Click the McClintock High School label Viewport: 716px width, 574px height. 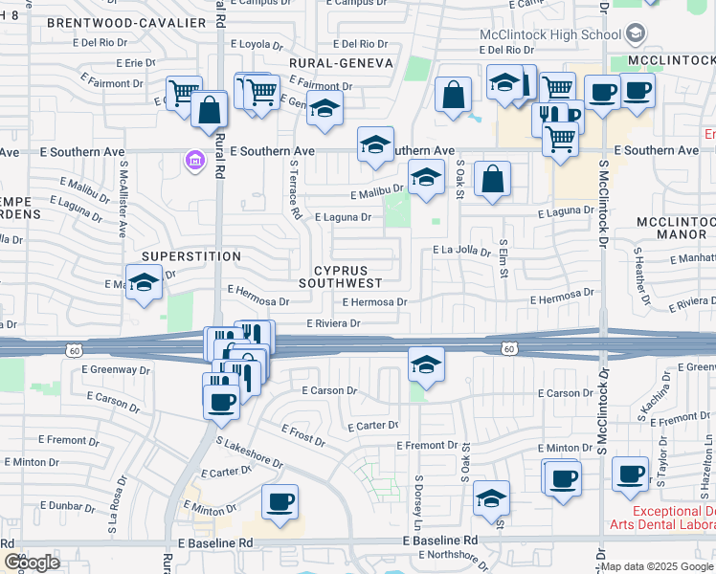point(550,35)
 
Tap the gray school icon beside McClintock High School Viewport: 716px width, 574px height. point(635,35)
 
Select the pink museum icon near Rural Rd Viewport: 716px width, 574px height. point(195,159)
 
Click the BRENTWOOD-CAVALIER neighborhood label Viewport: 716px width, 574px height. point(125,22)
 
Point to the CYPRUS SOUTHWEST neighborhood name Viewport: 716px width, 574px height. point(341,276)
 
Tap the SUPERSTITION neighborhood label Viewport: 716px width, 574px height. point(191,256)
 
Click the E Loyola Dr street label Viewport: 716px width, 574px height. point(246,44)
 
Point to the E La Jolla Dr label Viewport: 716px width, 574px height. point(461,252)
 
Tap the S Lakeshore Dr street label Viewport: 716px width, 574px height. point(252,453)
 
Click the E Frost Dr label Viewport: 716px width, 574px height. point(305,435)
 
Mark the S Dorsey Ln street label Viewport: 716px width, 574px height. point(418,504)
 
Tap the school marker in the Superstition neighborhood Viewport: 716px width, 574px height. point(144,282)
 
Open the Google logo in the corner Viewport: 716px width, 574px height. point(32,563)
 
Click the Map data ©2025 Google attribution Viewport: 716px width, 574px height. point(657,566)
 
